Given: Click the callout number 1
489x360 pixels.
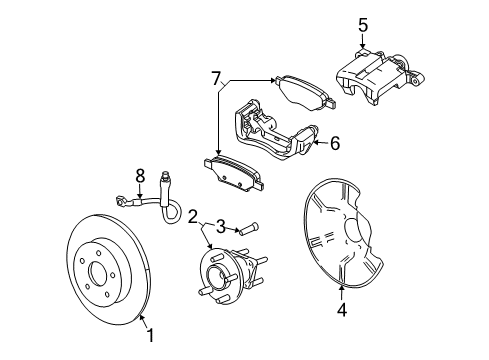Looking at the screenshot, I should coord(151,335).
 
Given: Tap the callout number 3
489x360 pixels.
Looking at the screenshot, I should coord(222,229).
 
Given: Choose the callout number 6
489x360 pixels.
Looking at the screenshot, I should coord(334,144).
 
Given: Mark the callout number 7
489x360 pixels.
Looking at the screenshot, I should coord(214,78).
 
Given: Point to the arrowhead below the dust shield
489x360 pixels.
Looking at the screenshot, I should coord(342,289).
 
